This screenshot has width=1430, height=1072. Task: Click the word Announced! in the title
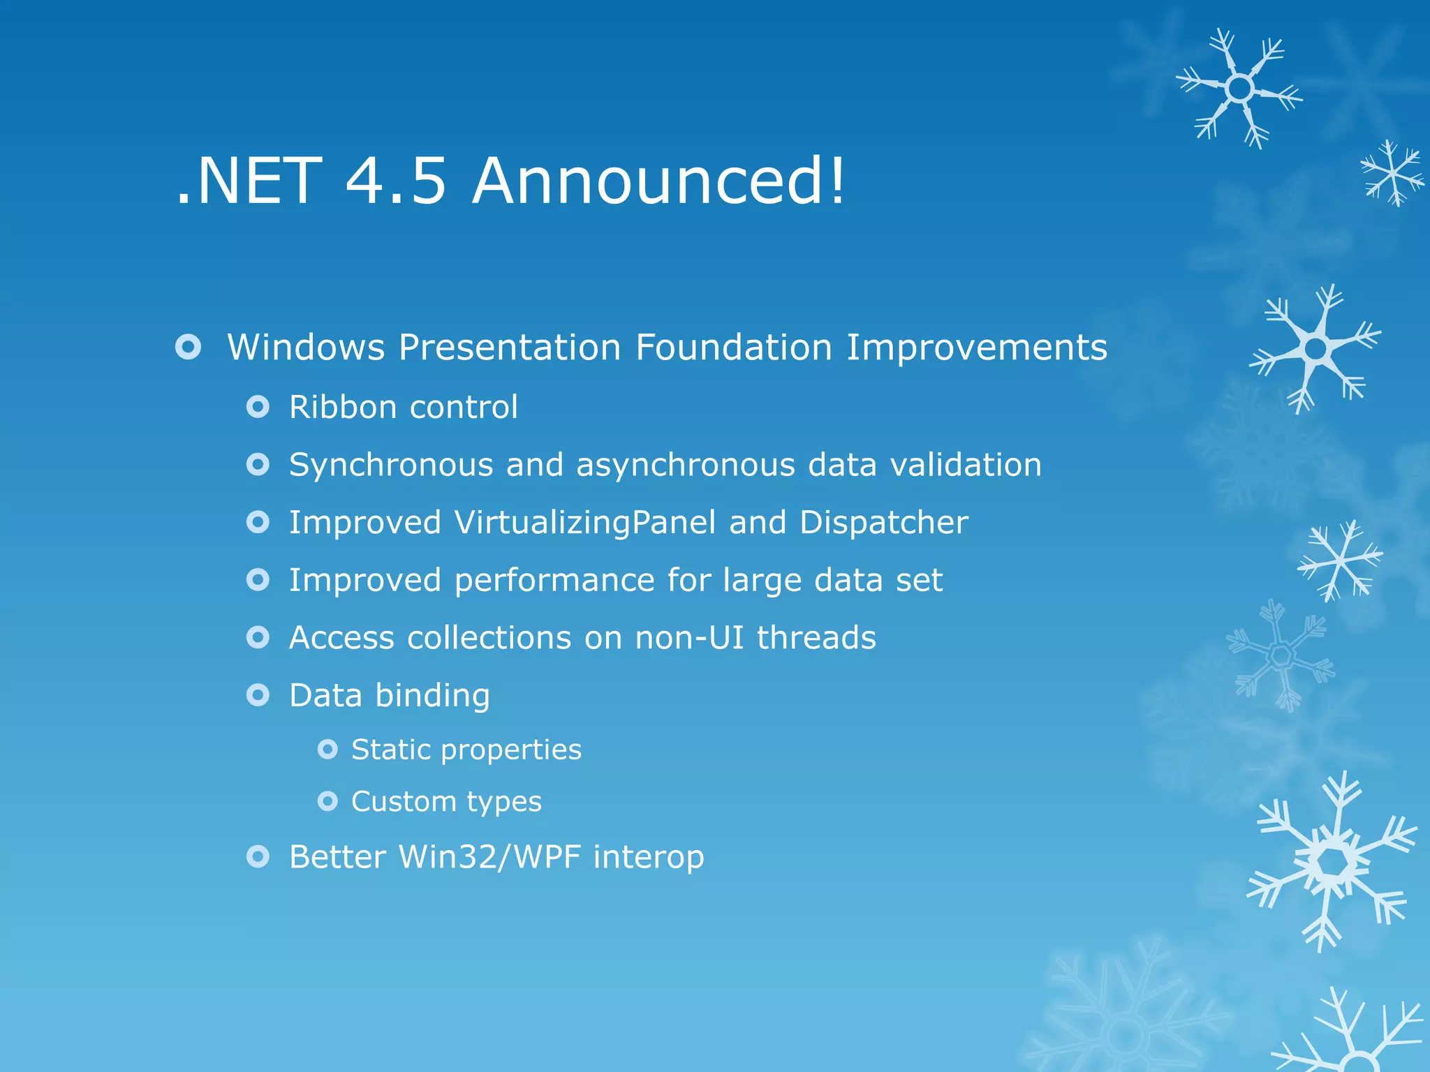(658, 181)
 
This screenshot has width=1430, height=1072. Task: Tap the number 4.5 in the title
(395, 181)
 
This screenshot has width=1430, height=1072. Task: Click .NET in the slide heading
(249, 181)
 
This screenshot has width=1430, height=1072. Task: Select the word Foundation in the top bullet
(733, 347)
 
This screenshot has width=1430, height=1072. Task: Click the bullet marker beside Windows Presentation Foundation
(189, 347)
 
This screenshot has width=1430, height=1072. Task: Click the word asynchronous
(685, 465)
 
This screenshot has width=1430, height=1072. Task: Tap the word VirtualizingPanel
(585, 523)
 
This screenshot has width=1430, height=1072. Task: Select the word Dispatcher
(883, 523)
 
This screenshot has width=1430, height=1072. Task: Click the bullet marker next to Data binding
(258, 695)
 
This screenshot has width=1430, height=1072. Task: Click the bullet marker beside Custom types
(327, 801)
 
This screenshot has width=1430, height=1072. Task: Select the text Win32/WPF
(489, 857)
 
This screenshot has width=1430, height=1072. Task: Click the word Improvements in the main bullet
(976, 348)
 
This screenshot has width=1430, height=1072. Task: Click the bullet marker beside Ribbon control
(258, 407)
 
